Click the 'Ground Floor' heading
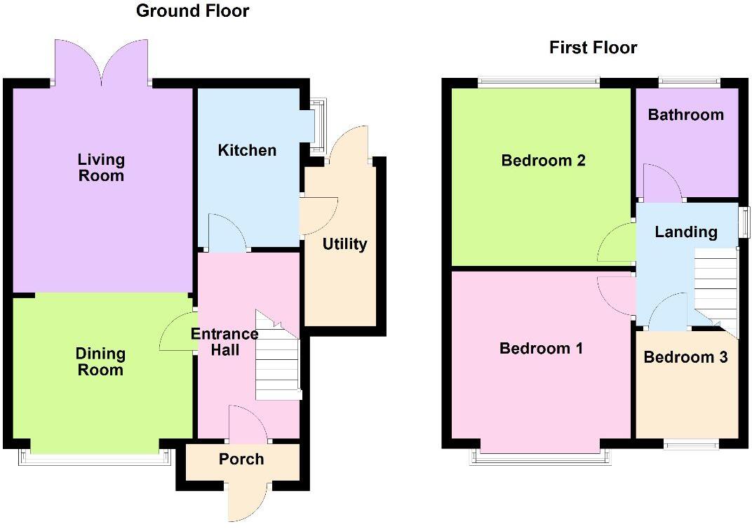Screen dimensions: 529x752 [192, 11]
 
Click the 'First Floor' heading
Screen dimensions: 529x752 [593, 48]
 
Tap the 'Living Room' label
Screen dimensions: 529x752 [101, 168]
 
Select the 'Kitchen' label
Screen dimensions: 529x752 [247, 150]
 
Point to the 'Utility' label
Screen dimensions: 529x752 [344, 244]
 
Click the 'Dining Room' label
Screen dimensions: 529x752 [100, 362]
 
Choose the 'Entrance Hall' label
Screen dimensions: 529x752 [224, 342]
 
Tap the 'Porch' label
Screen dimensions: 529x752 [241, 459]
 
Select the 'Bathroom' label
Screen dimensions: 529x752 [685, 114]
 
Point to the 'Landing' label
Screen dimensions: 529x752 [685, 232]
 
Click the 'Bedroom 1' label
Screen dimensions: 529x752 [541, 348]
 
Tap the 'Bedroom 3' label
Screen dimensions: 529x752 [685, 357]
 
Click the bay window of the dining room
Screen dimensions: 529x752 [95, 457]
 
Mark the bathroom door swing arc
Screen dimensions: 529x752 [662, 182]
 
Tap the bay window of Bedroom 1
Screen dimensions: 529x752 [540, 456]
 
